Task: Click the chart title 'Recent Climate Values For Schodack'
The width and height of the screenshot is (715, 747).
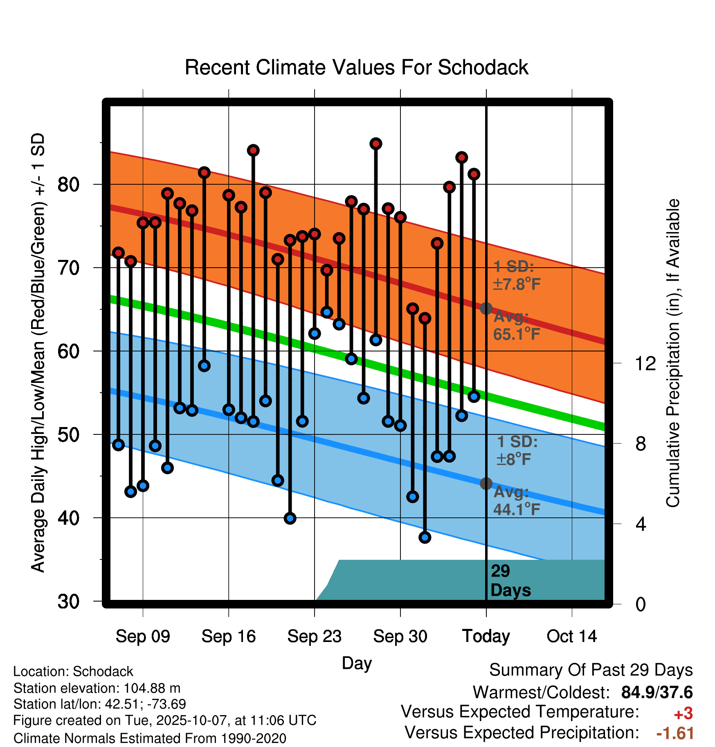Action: click(x=356, y=67)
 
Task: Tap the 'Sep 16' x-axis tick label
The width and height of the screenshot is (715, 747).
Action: click(x=228, y=636)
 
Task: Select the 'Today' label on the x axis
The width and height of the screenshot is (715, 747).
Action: click(x=486, y=636)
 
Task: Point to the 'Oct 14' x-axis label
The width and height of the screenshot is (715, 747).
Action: click(x=571, y=636)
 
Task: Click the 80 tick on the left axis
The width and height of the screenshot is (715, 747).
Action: click(x=68, y=185)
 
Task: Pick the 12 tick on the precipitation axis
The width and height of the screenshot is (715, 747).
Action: click(x=645, y=363)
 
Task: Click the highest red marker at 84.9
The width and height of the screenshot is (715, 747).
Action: click(x=376, y=144)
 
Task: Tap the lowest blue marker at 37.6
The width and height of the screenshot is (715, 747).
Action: click(x=425, y=537)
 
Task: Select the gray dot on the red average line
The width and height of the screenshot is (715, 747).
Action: click(x=486, y=308)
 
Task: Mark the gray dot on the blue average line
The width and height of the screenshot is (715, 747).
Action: click(x=486, y=483)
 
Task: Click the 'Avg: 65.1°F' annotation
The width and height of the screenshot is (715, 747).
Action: click(x=516, y=326)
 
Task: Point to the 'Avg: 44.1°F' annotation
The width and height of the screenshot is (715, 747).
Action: click(x=516, y=501)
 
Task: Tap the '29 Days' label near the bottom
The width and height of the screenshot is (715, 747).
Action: click(x=510, y=581)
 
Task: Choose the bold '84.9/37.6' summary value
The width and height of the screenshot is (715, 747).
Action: click(x=657, y=693)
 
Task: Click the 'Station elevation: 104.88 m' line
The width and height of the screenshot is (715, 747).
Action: click(x=97, y=688)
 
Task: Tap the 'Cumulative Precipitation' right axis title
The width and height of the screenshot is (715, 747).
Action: click(x=673, y=353)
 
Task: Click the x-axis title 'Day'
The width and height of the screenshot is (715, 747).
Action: click(x=357, y=663)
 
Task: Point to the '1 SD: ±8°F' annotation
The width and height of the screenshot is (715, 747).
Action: click(x=516, y=450)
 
